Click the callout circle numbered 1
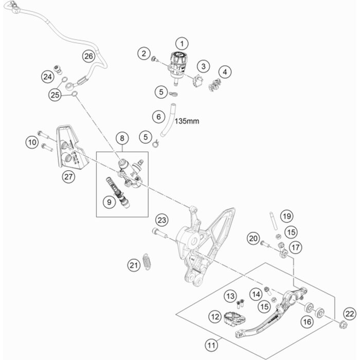click(182, 43)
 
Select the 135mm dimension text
click(187, 121)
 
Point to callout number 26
click(88, 56)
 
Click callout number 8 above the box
click(122, 138)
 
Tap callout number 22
click(350, 313)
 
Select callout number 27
click(68, 177)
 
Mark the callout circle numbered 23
click(161, 220)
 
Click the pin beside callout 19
click(273, 221)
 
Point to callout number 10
click(32, 142)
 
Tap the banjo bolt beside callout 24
click(58, 69)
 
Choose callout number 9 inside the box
click(109, 202)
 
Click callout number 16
click(307, 321)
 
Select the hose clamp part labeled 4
click(214, 84)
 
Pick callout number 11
click(211, 345)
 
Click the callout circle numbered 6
click(158, 117)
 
